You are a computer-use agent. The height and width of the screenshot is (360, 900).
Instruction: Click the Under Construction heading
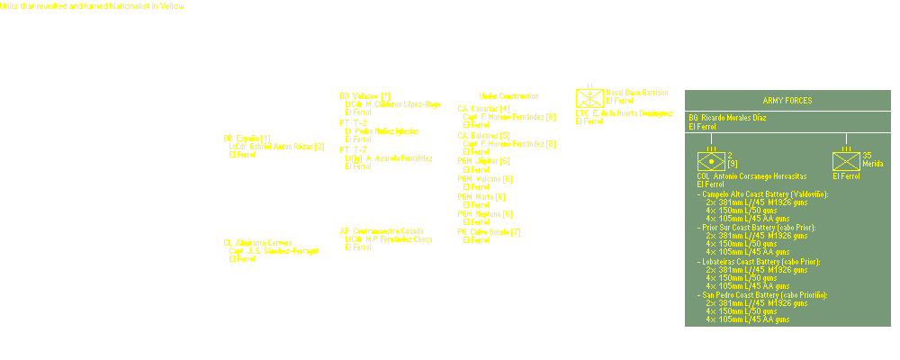[508, 96]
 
